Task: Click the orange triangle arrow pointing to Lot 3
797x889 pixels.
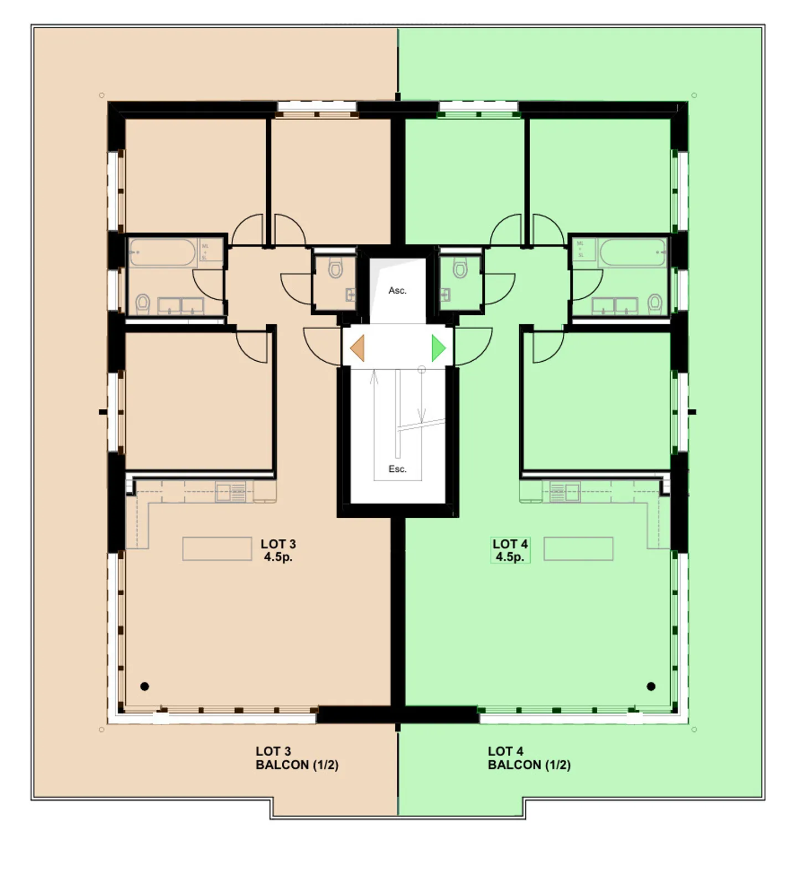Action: (358, 349)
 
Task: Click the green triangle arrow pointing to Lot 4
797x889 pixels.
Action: (438, 349)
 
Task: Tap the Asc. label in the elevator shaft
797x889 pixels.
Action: (397, 290)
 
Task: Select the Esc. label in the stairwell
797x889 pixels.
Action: (397, 469)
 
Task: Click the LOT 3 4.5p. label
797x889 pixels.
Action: (278, 550)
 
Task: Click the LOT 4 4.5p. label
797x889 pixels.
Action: (510, 550)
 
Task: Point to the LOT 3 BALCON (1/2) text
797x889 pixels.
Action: (297, 758)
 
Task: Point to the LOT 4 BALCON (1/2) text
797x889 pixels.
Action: (529, 758)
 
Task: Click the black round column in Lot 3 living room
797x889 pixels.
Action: (144, 687)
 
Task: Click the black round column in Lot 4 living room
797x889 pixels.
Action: (651, 687)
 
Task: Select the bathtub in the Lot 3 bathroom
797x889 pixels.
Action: (163, 253)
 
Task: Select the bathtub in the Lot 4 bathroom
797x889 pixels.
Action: (633, 253)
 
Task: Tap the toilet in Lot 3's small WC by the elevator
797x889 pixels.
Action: (335, 269)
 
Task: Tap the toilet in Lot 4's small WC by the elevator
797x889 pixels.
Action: (460, 269)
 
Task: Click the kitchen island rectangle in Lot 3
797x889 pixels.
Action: (217, 549)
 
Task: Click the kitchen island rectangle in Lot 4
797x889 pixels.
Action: (578, 549)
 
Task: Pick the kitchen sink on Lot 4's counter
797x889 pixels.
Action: (565, 492)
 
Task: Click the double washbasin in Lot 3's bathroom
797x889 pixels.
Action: (180, 305)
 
